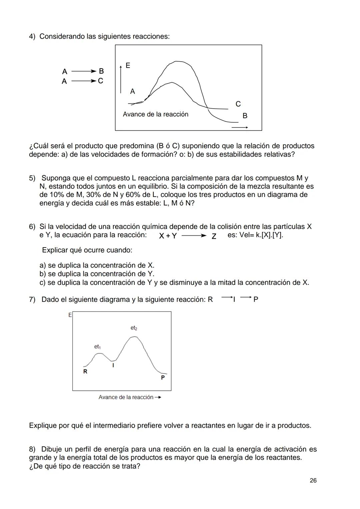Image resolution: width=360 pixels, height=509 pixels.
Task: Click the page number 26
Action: tap(313, 480)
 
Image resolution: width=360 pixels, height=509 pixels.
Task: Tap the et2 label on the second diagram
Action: tap(134, 328)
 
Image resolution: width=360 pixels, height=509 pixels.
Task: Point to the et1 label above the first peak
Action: tap(97, 347)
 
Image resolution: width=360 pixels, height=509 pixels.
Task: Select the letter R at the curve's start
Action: tap(85, 371)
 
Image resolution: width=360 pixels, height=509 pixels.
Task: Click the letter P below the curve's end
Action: tap(163, 378)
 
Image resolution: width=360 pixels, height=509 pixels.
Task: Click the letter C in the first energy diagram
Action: tap(238, 104)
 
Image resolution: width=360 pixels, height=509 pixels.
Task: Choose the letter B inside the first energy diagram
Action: tap(245, 116)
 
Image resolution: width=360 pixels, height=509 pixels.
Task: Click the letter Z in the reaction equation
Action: tap(214, 236)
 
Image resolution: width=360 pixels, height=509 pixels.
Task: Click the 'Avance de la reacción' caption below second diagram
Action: tap(126, 397)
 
